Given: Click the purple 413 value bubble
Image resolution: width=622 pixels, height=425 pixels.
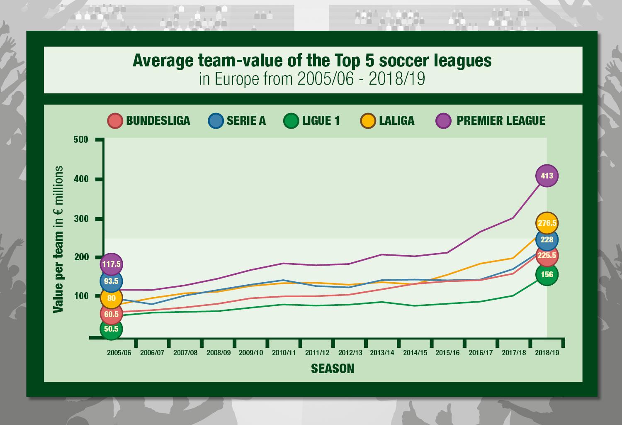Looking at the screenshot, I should (547, 176).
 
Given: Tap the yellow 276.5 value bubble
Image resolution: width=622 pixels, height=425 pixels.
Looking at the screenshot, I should (547, 223).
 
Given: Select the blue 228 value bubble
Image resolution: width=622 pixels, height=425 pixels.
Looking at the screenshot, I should (547, 239).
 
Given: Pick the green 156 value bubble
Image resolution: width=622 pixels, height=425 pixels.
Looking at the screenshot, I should (547, 274).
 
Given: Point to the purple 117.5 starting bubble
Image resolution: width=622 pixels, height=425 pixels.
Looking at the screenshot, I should (111, 264).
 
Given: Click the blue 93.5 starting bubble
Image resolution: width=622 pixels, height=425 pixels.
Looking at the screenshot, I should (111, 281).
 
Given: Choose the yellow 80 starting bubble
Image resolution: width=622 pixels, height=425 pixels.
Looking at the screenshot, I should (111, 298).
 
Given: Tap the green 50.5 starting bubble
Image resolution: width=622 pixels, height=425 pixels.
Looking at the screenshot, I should (111, 329).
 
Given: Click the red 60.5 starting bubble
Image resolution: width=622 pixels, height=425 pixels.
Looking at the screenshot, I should (111, 314).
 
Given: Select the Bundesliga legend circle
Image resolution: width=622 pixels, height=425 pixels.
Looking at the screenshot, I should (115, 121).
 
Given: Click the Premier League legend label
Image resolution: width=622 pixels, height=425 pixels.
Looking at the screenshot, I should (501, 121).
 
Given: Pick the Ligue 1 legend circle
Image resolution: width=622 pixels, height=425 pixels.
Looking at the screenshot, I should (291, 121).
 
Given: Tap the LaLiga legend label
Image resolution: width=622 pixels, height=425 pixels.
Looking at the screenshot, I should (396, 121).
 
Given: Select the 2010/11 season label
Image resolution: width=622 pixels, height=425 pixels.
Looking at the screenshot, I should (284, 353).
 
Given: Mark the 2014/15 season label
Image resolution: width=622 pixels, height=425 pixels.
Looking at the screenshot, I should (415, 353).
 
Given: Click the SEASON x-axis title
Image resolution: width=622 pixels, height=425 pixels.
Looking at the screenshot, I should (333, 369).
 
